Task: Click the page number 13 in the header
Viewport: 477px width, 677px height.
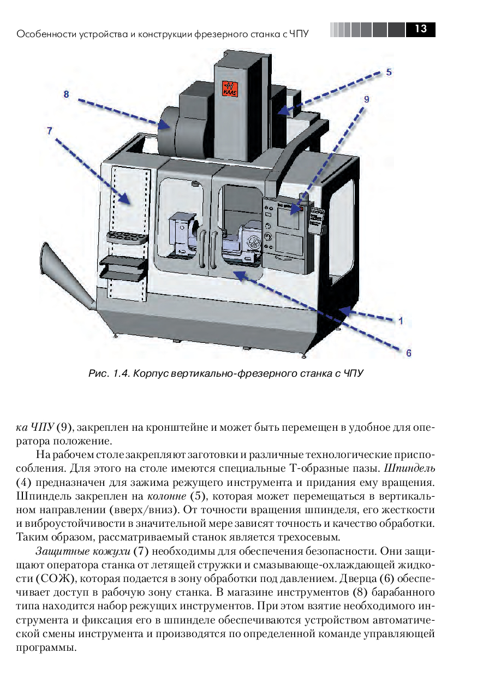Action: tap(420, 29)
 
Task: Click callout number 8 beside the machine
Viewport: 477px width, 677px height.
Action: tap(67, 94)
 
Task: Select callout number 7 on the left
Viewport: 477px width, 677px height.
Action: tap(49, 130)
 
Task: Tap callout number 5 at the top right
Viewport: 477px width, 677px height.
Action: tap(389, 72)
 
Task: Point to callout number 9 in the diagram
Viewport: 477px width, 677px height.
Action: tap(366, 99)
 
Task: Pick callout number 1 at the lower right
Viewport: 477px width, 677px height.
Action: tap(401, 321)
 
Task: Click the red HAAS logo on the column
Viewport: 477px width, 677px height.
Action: tap(229, 88)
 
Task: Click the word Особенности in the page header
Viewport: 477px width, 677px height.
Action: tap(46, 34)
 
